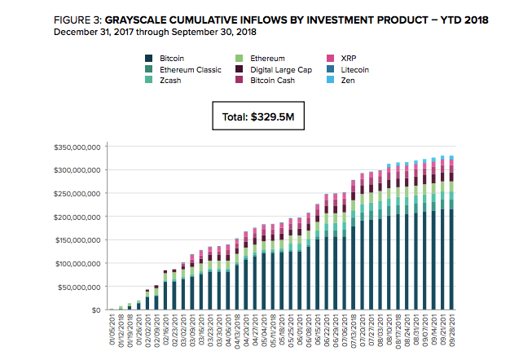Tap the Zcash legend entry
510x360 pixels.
170,81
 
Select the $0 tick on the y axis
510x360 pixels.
94,310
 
